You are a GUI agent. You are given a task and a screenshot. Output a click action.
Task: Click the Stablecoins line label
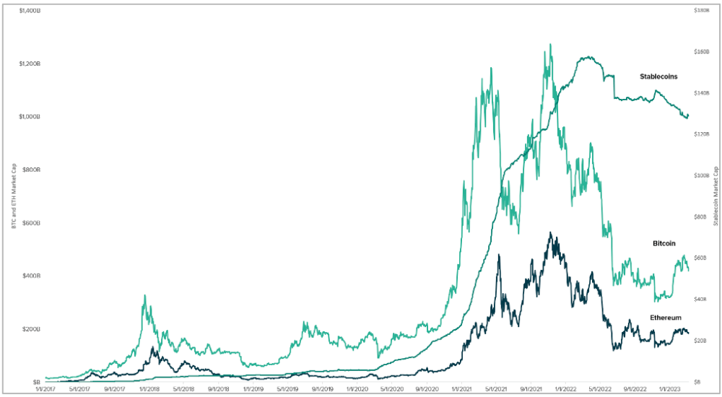tap(658, 76)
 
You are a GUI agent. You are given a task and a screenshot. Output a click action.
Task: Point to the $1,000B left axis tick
tap(29, 117)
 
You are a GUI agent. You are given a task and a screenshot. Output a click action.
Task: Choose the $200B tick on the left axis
tap(31, 329)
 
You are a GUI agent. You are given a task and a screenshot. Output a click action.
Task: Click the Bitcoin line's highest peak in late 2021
tap(551, 44)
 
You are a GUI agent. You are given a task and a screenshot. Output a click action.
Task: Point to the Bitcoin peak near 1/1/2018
tap(145, 295)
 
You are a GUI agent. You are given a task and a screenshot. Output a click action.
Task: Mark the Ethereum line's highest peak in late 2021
tap(550, 232)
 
